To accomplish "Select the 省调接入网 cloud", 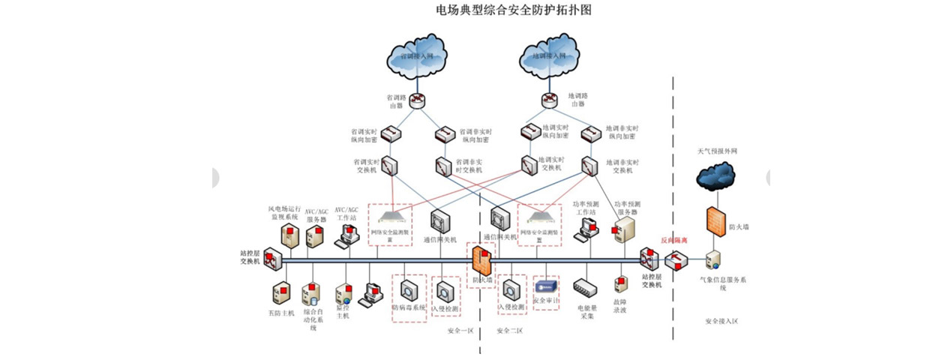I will click(x=417, y=55).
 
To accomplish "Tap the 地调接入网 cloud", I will click(x=550, y=55).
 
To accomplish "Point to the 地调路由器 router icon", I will click(x=550, y=100).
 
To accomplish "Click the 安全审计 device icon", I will click(x=545, y=286).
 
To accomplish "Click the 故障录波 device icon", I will click(x=620, y=286).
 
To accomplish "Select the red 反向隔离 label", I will click(x=673, y=240).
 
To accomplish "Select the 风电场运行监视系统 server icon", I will click(x=290, y=235).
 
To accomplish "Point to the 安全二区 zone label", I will click(x=509, y=330).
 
